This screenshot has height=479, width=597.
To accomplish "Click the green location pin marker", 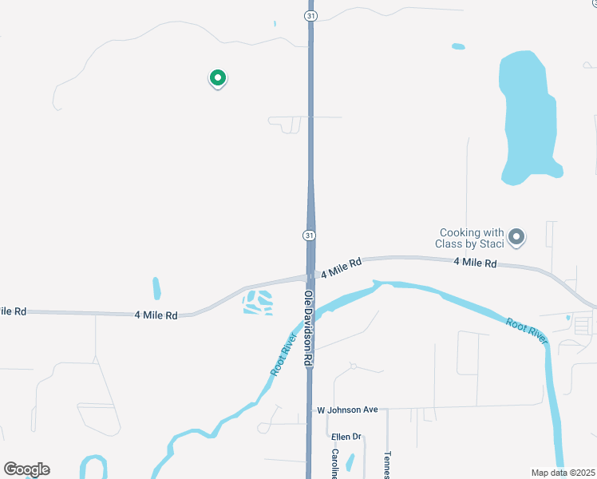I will (x=217, y=77).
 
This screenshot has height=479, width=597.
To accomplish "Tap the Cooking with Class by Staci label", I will (x=470, y=238).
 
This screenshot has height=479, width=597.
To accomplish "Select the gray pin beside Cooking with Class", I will (x=516, y=236).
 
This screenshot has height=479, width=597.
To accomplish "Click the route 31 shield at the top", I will (x=309, y=15).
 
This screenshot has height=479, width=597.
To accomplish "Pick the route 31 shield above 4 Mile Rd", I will (x=309, y=235).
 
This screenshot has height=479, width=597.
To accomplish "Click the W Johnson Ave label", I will (x=347, y=410).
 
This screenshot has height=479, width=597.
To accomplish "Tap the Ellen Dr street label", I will (x=346, y=437).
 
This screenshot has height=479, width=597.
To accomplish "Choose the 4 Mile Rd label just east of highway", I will (x=342, y=267).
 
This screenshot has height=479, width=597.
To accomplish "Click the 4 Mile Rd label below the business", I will (x=475, y=263).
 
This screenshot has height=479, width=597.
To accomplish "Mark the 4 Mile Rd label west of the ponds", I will (x=156, y=315).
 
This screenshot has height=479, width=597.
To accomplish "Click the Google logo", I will (x=26, y=469).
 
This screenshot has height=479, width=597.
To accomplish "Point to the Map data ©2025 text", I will (x=563, y=473).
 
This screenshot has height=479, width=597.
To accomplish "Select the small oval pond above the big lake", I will (x=458, y=46).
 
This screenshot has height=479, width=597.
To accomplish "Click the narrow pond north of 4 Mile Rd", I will (x=156, y=288).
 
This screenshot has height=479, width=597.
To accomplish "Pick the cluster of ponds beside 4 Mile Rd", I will (x=258, y=303).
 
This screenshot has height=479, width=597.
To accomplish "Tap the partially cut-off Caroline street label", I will (x=335, y=464).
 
